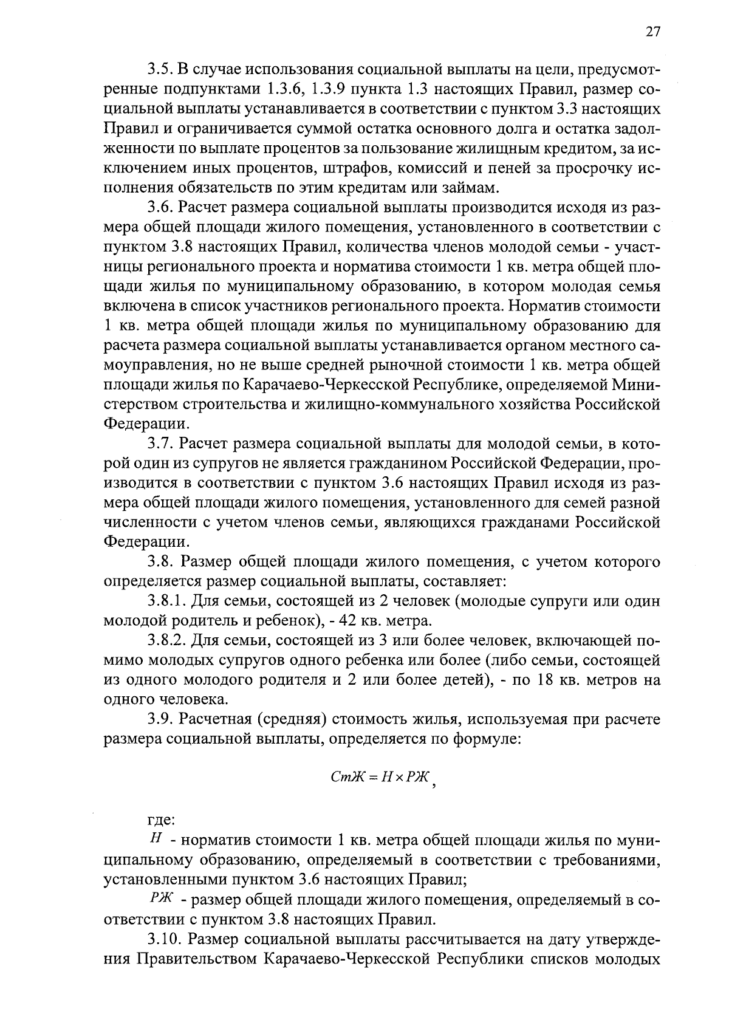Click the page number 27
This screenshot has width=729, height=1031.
(x=652, y=32)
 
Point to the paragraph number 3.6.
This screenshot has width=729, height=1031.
(x=161, y=208)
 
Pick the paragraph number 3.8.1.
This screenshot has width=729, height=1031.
(x=166, y=601)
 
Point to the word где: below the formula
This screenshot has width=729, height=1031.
(x=162, y=820)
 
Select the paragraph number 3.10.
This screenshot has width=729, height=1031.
(x=165, y=939)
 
